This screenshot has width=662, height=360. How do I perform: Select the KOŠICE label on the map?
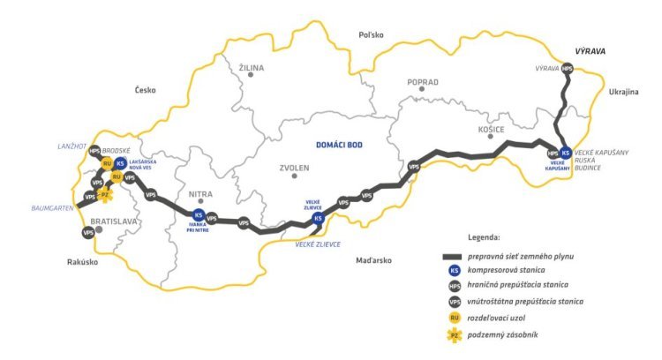[490, 130]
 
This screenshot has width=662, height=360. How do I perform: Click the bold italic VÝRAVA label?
[591, 51]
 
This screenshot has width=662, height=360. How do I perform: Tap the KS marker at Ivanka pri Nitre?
[199, 214]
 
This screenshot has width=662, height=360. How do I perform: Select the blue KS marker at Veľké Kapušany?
[565, 152]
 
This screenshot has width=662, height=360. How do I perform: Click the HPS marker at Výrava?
[567, 68]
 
